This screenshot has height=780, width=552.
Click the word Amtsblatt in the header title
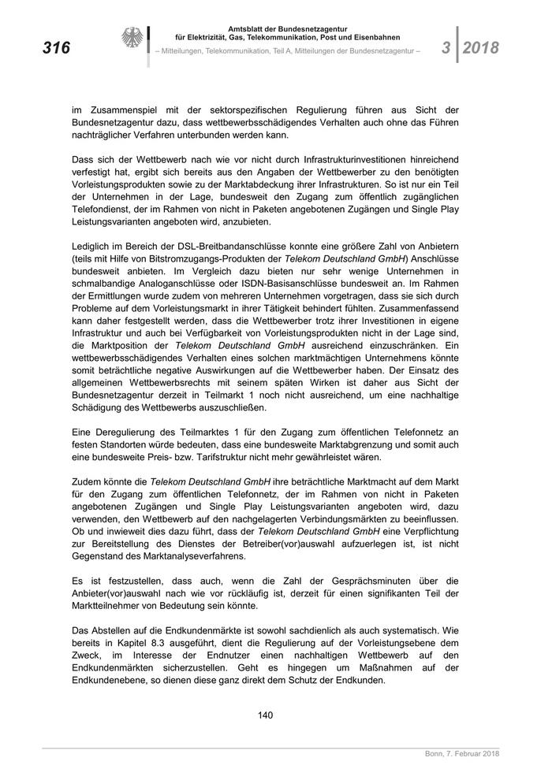(247, 29)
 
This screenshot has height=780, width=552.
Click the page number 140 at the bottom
(265, 715)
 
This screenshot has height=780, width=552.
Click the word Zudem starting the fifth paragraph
(85, 481)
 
